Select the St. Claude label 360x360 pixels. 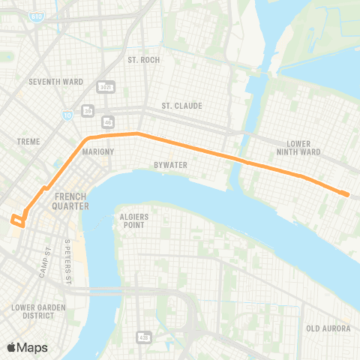[x=181, y=106]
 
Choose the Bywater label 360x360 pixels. [x=171, y=164]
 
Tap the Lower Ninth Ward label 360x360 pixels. [x=304, y=147]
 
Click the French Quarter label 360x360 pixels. [x=72, y=201]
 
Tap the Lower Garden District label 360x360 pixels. [x=34, y=310]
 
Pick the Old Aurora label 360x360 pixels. [x=324, y=328]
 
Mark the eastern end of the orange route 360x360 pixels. [x=347, y=194]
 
